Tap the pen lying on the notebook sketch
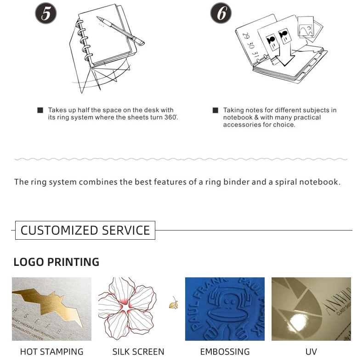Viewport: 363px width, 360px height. click(x=120, y=30)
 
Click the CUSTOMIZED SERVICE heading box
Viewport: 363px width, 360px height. click(x=85, y=230)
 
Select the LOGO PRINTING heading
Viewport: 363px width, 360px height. click(x=56, y=262)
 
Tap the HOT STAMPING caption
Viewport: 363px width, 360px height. click(x=51, y=352)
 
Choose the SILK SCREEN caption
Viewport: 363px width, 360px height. click(x=138, y=352)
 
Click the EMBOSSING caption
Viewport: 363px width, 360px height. click(x=225, y=352)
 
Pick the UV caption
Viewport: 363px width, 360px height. click(x=311, y=352)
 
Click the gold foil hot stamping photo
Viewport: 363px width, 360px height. click(x=51, y=309)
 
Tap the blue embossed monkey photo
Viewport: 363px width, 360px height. click(x=225, y=309)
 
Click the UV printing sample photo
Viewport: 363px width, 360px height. click(x=311, y=309)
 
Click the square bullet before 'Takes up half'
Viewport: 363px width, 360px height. click(x=40, y=110)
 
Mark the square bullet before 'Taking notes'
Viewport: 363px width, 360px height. click(x=215, y=110)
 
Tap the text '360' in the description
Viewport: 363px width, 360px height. click(x=170, y=118)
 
